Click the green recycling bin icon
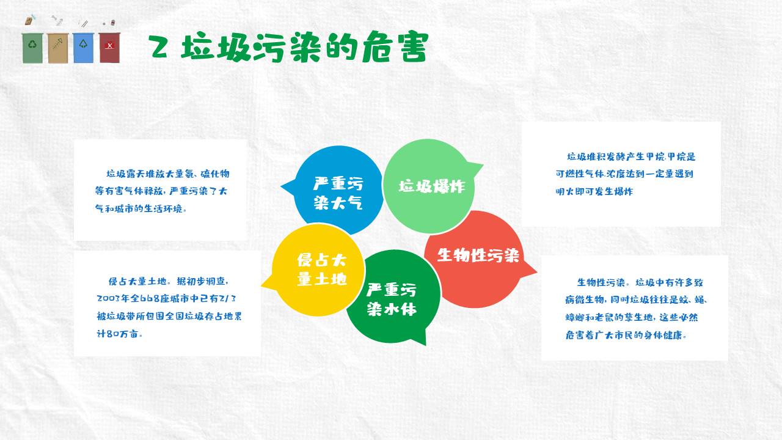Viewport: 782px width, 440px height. [x=33, y=47]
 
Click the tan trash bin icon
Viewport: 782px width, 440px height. [x=58, y=47]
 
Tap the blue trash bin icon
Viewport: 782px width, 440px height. [x=84, y=47]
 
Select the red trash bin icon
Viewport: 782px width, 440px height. [x=109, y=47]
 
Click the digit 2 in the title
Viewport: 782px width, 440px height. [x=159, y=48]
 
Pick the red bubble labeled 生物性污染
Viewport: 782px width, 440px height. [x=478, y=255]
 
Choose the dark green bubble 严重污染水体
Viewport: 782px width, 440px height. [x=392, y=299]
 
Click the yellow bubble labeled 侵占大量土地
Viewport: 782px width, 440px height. [x=321, y=269]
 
